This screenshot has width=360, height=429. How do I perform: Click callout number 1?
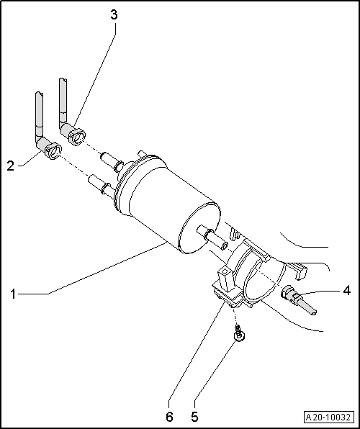point(14,294)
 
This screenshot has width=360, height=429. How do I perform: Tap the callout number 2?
point(11,166)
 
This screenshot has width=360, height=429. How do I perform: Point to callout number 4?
point(346,291)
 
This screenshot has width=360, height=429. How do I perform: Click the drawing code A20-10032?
point(328,417)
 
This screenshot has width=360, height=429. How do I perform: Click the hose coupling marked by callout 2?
point(53,150)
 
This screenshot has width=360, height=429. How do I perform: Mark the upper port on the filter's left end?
point(112,157)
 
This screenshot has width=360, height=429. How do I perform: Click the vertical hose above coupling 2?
point(38,115)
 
